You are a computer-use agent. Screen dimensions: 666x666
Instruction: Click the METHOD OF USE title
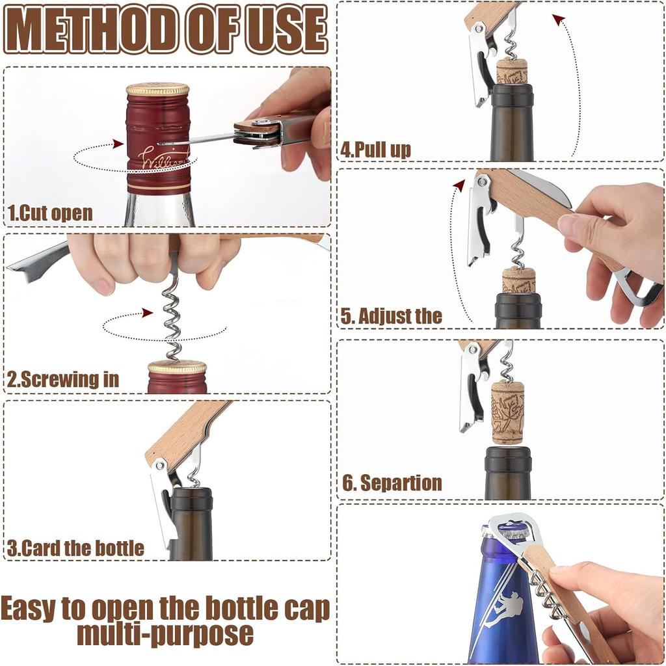pyautogui.click(x=165, y=30)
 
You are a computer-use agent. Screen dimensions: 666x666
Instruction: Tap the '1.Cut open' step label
pyautogui.click(x=50, y=213)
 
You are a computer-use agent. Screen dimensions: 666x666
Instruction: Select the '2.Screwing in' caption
pyautogui.click(x=63, y=380)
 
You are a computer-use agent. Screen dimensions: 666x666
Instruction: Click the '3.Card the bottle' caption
pyautogui.click(x=75, y=548)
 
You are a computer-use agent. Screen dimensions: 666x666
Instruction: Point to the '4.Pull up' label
pyautogui.click(x=376, y=150)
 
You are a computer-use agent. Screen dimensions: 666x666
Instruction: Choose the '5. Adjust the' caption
pyautogui.click(x=392, y=317)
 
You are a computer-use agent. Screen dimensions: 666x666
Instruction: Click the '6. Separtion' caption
pyautogui.click(x=392, y=483)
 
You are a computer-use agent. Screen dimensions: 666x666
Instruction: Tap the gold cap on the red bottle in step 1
pyautogui.click(x=157, y=90)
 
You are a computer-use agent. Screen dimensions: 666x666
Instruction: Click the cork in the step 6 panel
pyautogui.click(x=507, y=412)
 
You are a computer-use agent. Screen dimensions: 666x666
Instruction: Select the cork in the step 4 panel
pyautogui.click(x=512, y=71)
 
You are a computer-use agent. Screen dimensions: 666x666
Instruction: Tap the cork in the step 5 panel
pyautogui.click(x=519, y=280)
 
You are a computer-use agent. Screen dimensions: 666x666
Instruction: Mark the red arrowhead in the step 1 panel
pyautogui.click(x=118, y=144)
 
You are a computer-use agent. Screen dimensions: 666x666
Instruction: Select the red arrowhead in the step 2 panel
pyautogui.click(x=148, y=313)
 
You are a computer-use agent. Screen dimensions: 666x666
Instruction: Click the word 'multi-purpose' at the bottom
pyautogui.click(x=165, y=633)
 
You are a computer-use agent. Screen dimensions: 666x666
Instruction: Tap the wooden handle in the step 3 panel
pyautogui.click(x=185, y=430)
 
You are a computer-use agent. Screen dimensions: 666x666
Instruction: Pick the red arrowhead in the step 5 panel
pyautogui.click(x=459, y=185)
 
